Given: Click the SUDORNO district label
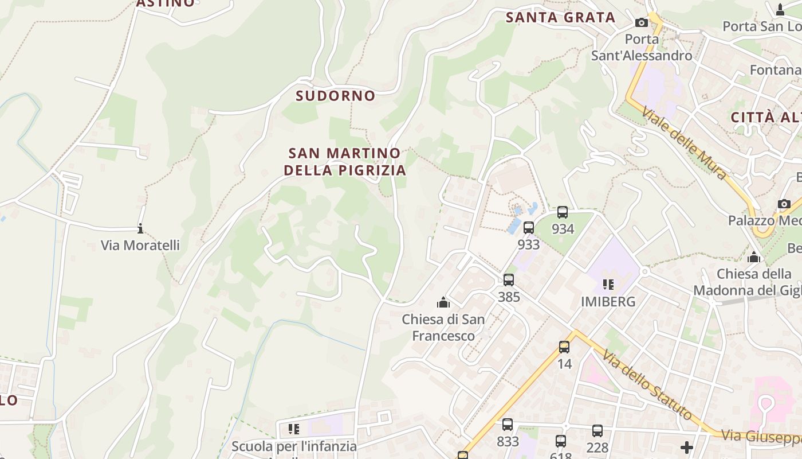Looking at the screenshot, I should [335, 96].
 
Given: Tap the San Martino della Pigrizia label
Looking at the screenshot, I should [345, 162].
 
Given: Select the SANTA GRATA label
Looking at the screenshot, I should [560, 18].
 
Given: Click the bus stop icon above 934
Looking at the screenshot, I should [563, 212].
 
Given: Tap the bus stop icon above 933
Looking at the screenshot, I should [528, 228].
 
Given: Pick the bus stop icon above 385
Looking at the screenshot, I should [509, 280].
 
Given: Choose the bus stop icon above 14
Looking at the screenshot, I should [564, 347].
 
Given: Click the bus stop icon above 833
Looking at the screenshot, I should [508, 425].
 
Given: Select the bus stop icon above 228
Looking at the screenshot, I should [597, 430].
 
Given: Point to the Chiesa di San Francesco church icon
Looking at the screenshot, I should [443, 302].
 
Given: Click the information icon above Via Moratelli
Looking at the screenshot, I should [140, 228].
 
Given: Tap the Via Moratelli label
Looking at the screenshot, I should [140, 246].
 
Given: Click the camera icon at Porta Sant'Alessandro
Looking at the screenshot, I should [642, 22].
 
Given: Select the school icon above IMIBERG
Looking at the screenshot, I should [608, 284].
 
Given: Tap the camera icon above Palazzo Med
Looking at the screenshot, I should [784, 204].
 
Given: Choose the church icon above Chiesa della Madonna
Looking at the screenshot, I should [754, 257].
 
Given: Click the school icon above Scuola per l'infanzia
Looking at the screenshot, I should [294, 429].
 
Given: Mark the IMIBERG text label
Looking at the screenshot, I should [608, 302].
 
